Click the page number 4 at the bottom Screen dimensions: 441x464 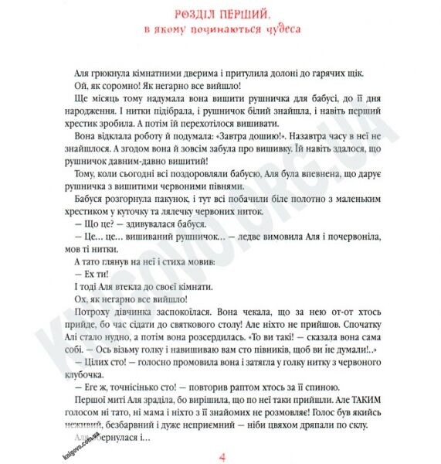[x=222, y=455]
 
